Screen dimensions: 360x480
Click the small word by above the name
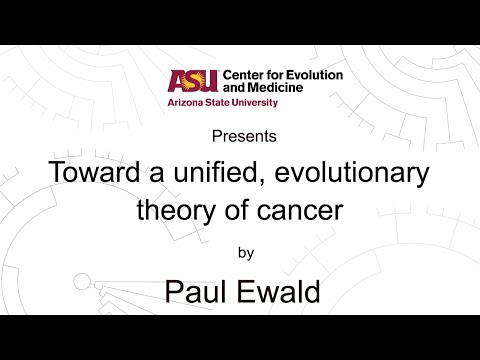[x=240, y=253]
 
